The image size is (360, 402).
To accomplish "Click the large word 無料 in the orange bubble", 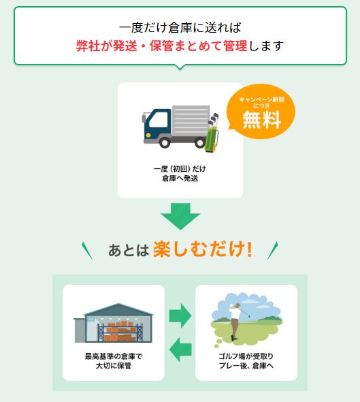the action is (262, 120).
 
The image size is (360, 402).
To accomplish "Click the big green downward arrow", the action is (180, 216).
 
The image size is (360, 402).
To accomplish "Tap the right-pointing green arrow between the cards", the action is (180, 315).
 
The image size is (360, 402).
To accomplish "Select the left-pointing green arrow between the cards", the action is (180, 349).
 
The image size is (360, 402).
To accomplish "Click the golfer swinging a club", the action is (235, 321).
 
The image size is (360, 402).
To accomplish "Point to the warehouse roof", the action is (118, 310).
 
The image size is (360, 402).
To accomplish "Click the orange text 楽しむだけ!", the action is (203, 249).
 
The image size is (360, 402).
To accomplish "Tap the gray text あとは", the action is (129, 250).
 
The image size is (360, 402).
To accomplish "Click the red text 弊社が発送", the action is (107, 46).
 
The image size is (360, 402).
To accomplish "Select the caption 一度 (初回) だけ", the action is (180, 169).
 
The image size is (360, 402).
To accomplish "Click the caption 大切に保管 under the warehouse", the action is (114, 365).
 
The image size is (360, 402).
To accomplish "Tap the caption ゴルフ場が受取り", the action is (246, 356).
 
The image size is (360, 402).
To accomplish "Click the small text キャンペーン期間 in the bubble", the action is (262, 99).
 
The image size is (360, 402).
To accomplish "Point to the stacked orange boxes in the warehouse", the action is (120, 331).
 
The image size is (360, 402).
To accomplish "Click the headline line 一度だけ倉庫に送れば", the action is (180, 27).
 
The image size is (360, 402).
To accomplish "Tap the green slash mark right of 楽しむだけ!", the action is (272, 251).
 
